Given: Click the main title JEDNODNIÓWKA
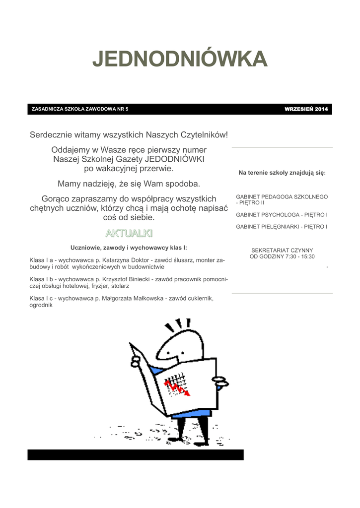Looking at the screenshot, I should (180, 59).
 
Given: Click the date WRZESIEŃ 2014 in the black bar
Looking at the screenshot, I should (306, 109).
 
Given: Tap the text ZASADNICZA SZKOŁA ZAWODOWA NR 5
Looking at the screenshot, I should (80, 109).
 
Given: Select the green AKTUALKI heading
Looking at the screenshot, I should (129, 233).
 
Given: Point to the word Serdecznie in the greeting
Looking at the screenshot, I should (49, 135).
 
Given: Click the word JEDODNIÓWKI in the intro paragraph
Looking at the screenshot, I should (174, 159).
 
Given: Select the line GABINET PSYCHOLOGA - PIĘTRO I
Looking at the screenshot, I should (282, 215).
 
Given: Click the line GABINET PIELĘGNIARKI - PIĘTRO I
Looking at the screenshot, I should (282, 227).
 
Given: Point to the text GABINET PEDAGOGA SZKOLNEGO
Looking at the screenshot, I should (282, 197).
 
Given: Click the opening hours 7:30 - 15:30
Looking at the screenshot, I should (300, 257).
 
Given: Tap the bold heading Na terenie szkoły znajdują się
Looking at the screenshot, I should (282, 173).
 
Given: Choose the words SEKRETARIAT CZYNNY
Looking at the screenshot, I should (282, 251).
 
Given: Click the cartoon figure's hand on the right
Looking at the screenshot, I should (220, 382).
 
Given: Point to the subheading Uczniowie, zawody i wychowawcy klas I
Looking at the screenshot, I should (129, 247).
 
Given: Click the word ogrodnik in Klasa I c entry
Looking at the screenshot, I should (41, 306).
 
